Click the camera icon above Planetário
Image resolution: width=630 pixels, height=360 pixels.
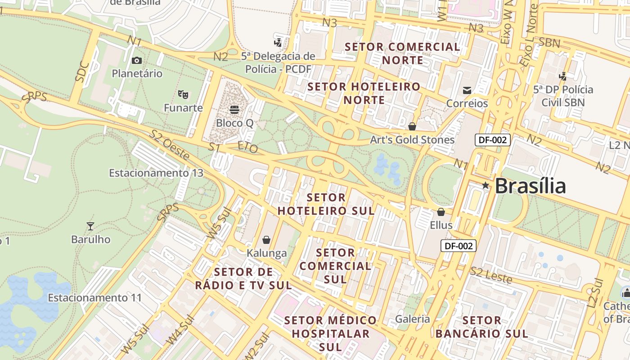tap(137, 60)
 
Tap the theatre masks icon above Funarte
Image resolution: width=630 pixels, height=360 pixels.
tap(183, 94)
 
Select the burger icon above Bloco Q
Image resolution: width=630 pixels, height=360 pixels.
tap(234, 109)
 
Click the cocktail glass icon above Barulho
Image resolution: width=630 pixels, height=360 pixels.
tap(90, 226)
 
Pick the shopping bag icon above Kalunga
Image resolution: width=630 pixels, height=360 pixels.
tap(266, 239)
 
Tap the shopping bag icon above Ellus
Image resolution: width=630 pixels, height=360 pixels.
tap(441, 211)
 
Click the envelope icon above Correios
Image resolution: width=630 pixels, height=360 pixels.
tap(467, 90)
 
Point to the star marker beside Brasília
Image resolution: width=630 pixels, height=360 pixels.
tap(485, 185)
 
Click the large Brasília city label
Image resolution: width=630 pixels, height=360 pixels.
tap(530, 186)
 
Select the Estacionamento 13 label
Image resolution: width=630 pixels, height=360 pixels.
tap(156, 173)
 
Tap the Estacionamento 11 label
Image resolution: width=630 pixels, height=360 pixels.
tap(94, 297)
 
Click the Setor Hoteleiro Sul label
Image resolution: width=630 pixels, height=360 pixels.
tap(326, 204)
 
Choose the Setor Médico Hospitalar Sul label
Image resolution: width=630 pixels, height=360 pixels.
tap(330, 333)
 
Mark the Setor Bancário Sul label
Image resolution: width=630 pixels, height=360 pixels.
tap(481, 327)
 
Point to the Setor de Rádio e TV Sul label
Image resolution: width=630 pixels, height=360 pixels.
tap(243, 279)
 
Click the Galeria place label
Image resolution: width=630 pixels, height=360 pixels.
tap(412, 319)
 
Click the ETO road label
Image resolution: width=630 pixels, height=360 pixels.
tap(247, 147)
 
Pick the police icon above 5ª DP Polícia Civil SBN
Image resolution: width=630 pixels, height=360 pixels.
tap(562, 76)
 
